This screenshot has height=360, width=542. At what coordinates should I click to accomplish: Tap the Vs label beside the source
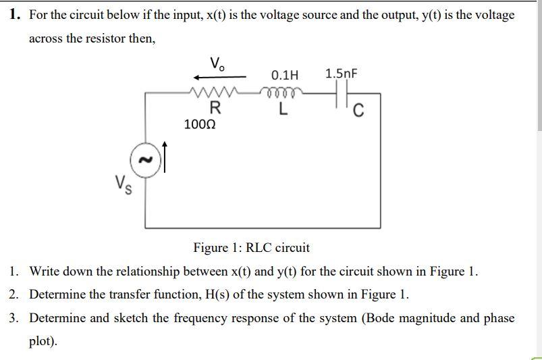click(x=122, y=182)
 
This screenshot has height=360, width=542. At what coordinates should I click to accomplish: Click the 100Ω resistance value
click(x=200, y=124)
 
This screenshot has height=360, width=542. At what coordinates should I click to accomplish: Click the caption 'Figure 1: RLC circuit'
click(x=251, y=247)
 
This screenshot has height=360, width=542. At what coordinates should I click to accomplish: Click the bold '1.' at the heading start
click(x=16, y=15)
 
